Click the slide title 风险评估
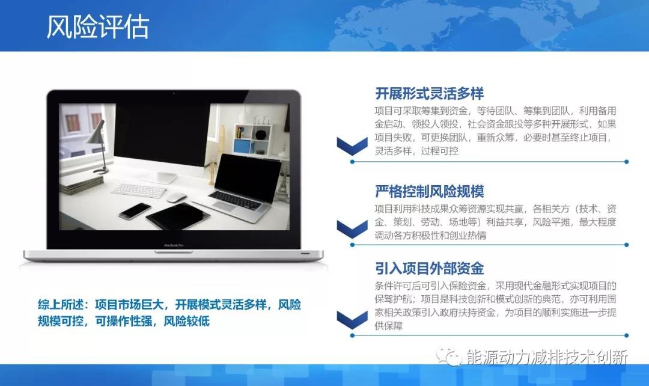(x=98, y=28)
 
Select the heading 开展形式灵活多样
(x=429, y=94)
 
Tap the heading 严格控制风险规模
(x=429, y=192)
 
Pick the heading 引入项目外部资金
(x=429, y=268)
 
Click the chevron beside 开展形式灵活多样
(x=352, y=146)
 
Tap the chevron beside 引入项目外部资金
(x=352, y=319)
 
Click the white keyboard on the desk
(x=138, y=190)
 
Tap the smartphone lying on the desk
(x=135, y=210)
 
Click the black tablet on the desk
(x=178, y=216)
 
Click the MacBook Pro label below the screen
(x=173, y=245)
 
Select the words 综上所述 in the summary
(x=58, y=305)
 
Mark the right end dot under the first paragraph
(x=626, y=162)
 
